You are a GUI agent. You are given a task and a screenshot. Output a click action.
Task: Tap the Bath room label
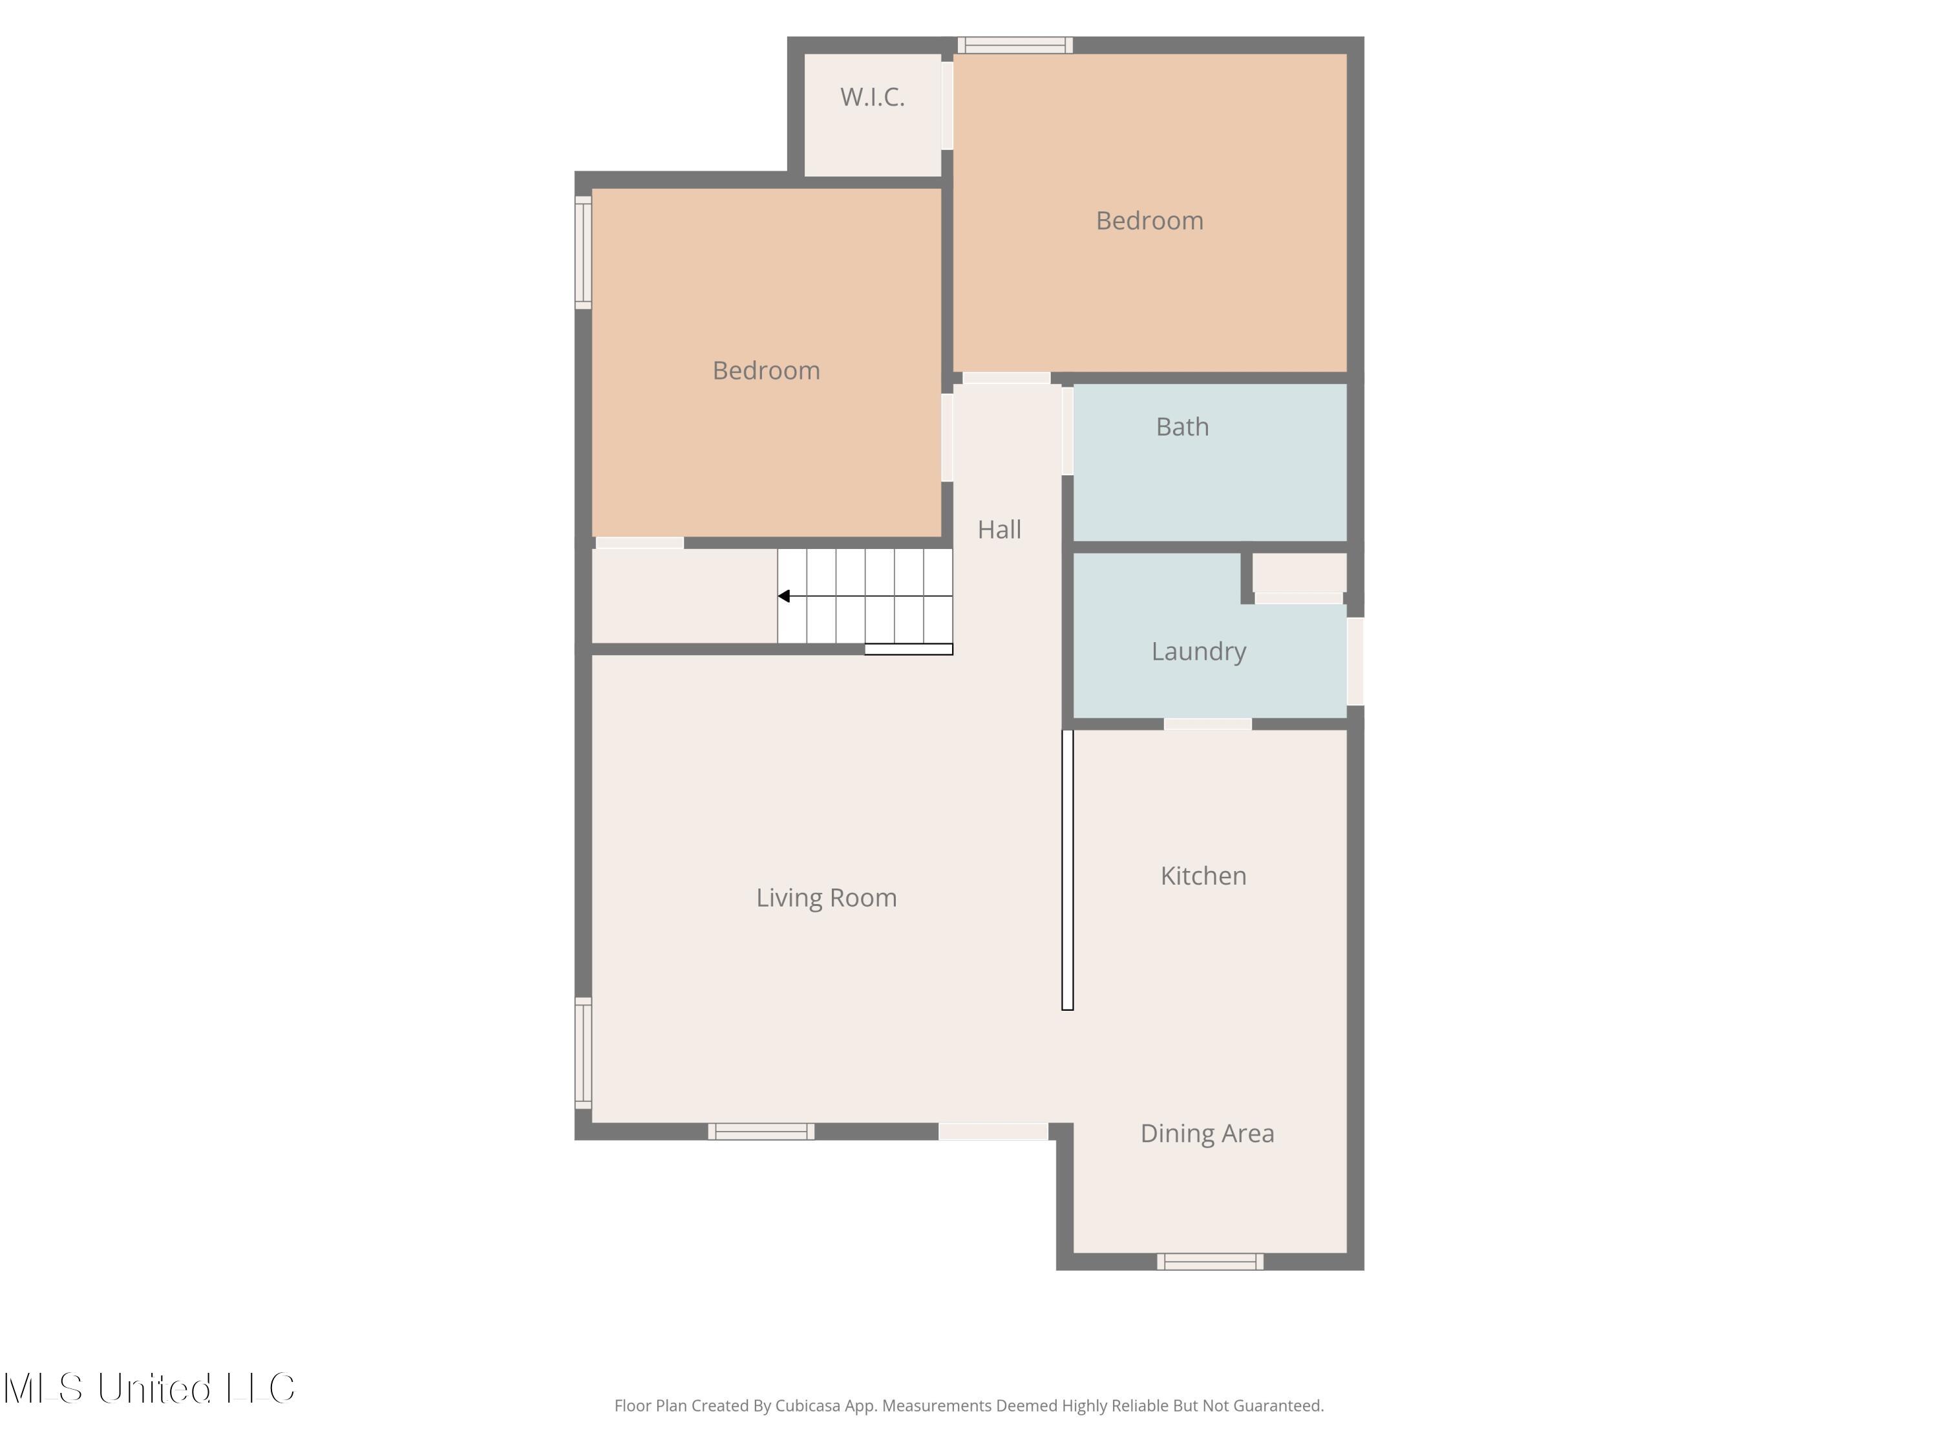1183,426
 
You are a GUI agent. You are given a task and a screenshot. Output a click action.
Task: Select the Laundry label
1198,652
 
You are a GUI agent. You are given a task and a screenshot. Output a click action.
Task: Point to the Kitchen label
1203,876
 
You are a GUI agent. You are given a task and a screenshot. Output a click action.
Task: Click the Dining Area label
1207,1133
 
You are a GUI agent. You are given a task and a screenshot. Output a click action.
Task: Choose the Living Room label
827,898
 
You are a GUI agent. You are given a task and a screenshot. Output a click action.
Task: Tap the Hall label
999,529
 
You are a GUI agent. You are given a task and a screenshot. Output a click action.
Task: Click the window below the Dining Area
1210,1262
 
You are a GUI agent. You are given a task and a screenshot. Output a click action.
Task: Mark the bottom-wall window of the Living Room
761,1132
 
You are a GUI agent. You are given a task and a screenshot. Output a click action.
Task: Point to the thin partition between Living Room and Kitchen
1068,870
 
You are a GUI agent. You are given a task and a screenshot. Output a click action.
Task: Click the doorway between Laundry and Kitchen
1208,724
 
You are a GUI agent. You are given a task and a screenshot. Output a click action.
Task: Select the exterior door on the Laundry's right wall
1355,662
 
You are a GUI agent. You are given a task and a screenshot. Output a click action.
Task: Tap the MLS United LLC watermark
150,1388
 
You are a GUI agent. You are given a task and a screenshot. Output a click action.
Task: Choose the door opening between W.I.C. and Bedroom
948,105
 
